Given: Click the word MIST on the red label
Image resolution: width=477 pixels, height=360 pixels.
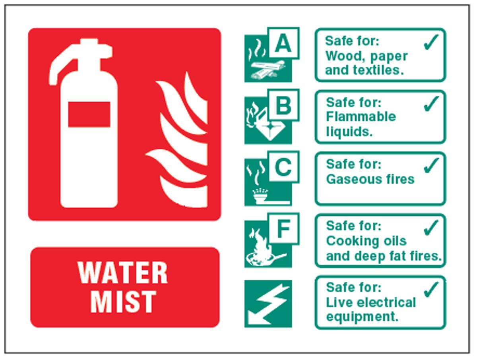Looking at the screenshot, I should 123,302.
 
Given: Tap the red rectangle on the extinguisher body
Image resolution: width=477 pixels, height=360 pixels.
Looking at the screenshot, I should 89,114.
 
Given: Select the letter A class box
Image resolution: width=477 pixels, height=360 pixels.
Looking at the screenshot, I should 283,43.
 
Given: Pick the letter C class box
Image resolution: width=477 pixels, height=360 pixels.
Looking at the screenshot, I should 283,167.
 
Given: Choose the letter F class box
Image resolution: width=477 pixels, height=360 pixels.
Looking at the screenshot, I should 283,229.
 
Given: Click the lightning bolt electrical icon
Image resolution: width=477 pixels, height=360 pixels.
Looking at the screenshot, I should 268,304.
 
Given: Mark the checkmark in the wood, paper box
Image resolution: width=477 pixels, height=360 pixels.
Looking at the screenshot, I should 431,42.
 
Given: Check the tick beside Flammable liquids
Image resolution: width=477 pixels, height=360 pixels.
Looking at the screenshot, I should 431,104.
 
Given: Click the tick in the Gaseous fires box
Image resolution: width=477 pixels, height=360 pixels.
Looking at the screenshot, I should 431,165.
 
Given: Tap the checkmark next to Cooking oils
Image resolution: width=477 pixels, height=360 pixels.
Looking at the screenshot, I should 431,227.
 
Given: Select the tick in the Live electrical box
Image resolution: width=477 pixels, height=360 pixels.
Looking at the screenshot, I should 431,289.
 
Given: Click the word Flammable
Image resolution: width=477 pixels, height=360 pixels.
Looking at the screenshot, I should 361,117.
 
